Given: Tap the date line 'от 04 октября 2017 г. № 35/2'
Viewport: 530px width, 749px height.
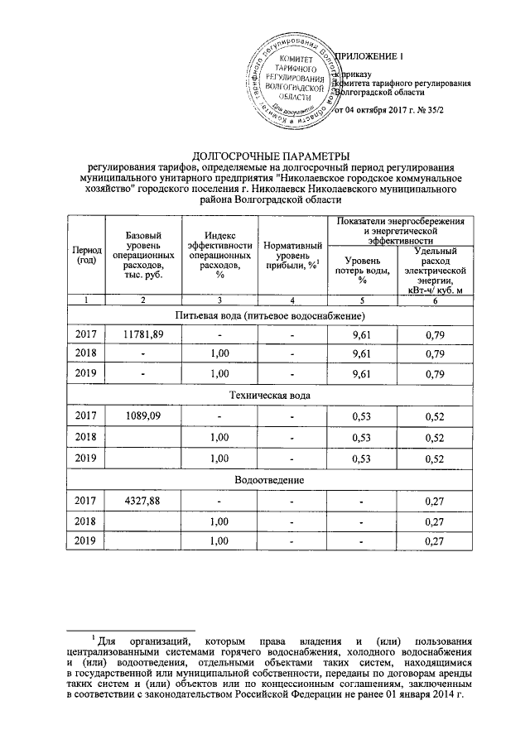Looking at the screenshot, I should pos(395,110).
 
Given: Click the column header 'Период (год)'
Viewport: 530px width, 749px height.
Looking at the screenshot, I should pos(85,256).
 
